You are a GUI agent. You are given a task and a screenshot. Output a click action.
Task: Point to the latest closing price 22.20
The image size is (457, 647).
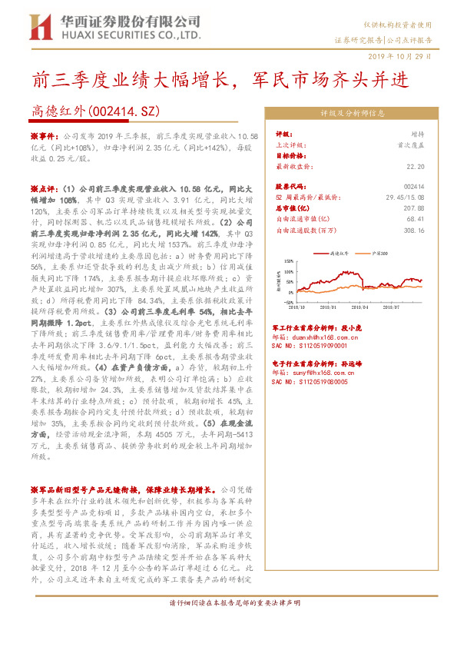416,166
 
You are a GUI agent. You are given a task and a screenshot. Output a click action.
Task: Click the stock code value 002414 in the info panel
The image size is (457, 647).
414,187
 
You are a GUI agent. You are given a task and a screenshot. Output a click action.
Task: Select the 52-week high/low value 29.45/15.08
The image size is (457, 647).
403,197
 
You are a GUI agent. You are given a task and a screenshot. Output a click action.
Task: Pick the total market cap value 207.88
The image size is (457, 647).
414,208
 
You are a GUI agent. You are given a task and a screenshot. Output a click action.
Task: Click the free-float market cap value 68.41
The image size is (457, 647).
416,219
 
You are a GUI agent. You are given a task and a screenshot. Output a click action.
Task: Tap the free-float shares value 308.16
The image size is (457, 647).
414,230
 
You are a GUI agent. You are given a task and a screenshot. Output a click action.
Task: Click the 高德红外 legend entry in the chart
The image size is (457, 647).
339,252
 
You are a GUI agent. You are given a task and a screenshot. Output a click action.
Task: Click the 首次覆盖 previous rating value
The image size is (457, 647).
412,144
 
